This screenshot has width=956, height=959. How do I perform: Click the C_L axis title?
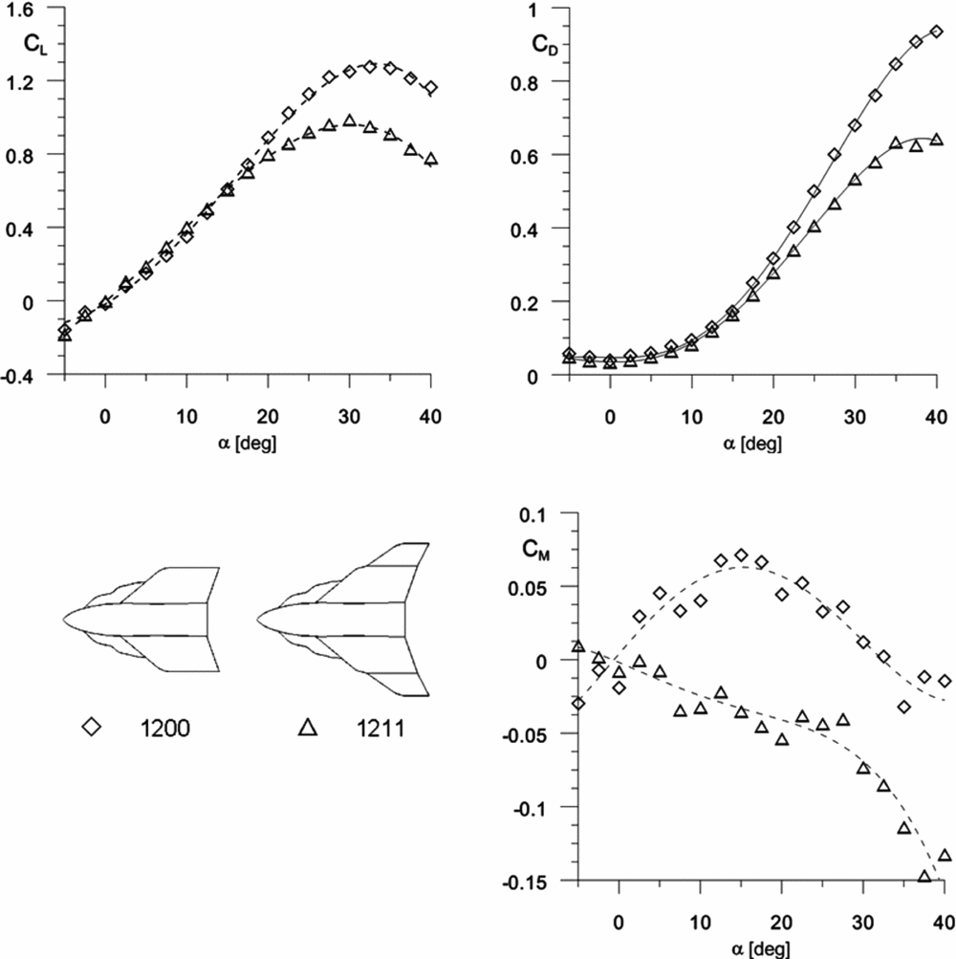(33, 44)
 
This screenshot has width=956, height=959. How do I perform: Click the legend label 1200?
(170, 728)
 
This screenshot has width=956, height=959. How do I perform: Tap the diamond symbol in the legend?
(92, 728)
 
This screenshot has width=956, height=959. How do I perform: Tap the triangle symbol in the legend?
(308, 728)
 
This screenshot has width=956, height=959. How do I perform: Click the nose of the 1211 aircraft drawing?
(259, 618)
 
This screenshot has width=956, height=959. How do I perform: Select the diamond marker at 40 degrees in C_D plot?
(936, 32)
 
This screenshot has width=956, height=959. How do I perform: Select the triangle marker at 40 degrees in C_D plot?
(936, 140)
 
